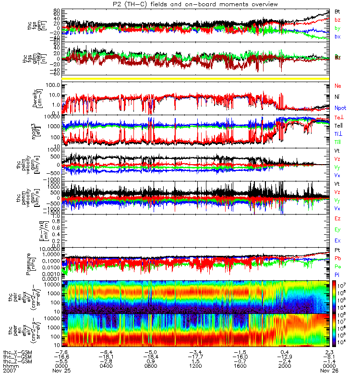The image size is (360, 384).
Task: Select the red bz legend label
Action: coord(337,20)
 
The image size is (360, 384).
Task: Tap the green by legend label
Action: coord(337,28)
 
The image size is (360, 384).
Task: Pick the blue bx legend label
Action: coord(337,37)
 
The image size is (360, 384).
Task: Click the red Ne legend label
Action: coord(338,85)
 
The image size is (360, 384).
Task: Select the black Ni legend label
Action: coord(337,97)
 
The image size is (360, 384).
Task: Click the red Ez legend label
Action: coord(337,218)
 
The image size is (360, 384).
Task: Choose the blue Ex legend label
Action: coord(337,240)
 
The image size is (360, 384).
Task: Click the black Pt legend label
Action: coord(337,251)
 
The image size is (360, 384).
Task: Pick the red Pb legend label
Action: coord(337,258)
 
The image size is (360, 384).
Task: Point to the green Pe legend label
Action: coord(337,266)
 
